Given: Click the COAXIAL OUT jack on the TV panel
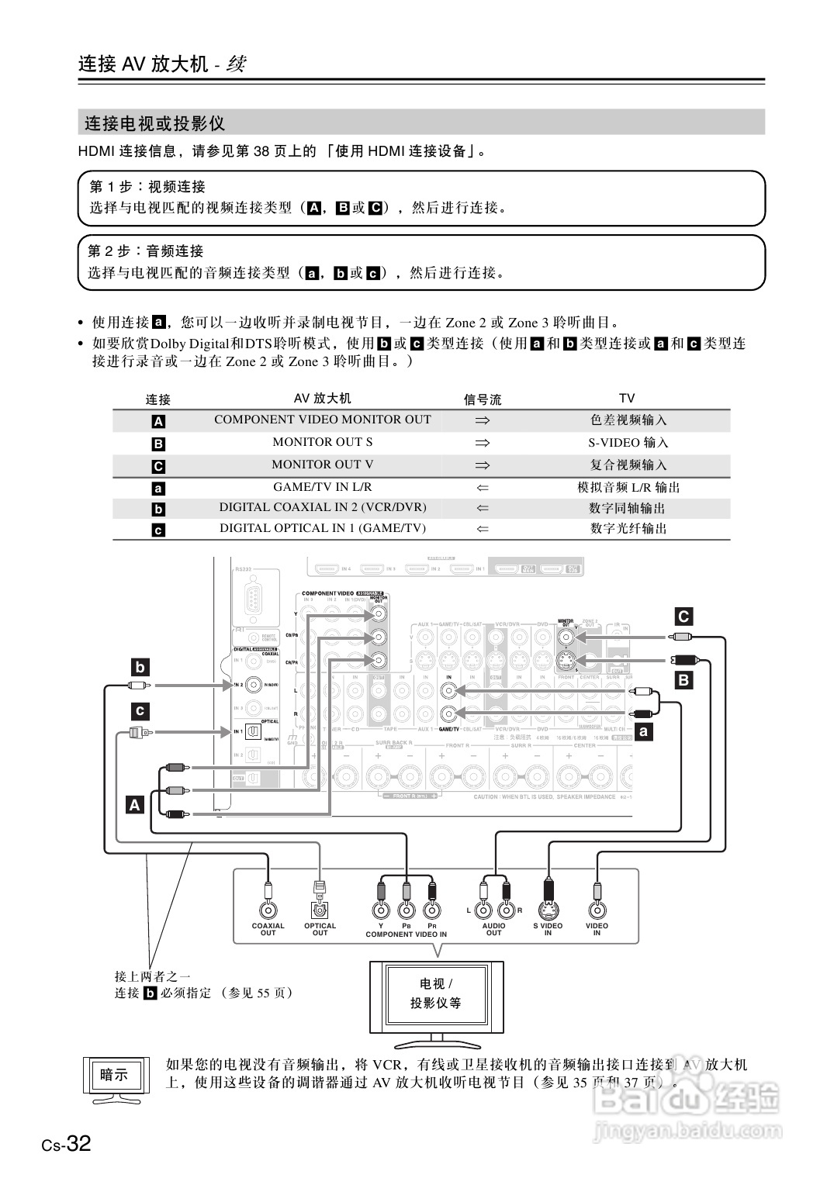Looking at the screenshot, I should tap(268, 910).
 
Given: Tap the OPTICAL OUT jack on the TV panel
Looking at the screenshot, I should tap(319, 910).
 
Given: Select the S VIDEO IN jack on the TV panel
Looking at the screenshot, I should tap(549, 909).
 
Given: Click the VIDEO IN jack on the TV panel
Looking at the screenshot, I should tap(597, 910).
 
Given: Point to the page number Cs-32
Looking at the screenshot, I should tap(67, 1143).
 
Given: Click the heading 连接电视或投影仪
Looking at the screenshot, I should tap(154, 123).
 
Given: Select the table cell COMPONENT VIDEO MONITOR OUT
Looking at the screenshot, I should tap(322, 420).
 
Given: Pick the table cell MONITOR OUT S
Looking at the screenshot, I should tap(322, 442).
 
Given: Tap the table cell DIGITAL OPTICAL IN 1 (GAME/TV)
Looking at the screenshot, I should tap(322, 528).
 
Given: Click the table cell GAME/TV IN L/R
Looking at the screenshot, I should tap(322, 487).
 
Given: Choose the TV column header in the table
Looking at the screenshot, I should tap(627, 398).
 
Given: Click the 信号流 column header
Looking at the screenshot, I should tap(483, 399).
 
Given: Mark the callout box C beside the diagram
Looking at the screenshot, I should tap(683, 617).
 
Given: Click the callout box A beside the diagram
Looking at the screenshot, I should tap(135, 804).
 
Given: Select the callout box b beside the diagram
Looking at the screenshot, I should tap(140, 667).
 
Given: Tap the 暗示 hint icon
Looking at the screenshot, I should tap(114, 1075).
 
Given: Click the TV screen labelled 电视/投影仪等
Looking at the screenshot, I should tap(435, 993).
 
